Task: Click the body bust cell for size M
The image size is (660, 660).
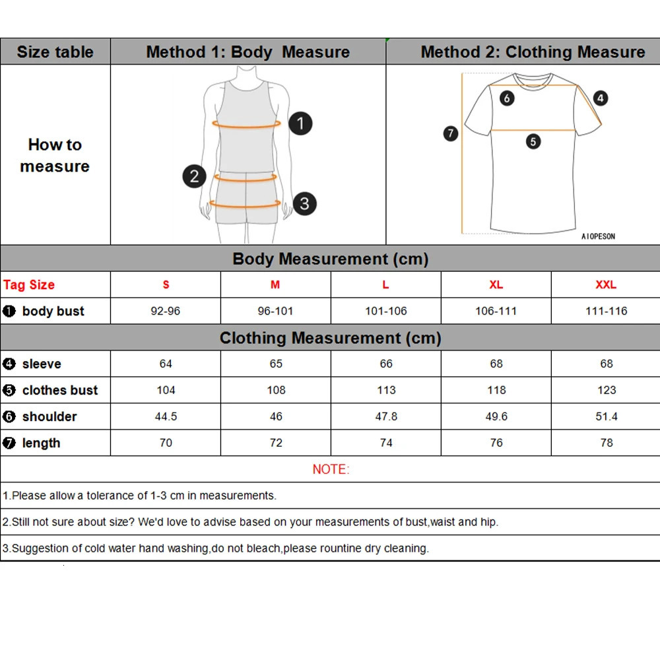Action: (276, 311)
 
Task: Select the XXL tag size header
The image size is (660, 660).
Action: (606, 284)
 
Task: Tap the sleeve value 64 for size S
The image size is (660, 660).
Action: (166, 364)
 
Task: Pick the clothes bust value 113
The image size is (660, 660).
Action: (386, 390)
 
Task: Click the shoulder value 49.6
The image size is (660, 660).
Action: (496, 416)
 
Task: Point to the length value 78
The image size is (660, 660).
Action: (607, 443)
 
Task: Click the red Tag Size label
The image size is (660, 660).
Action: (29, 284)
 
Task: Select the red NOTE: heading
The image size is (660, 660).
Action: (331, 469)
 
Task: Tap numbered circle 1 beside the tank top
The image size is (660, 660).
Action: (300, 123)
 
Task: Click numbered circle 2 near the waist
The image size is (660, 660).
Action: (194, 176)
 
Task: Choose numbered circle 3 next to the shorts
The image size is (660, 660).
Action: (304, 203)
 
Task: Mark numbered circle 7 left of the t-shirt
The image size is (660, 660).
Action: (451, 133)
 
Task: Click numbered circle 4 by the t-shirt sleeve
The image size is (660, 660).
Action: (600, 98)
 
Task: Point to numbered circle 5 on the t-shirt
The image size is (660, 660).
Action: (533, 141)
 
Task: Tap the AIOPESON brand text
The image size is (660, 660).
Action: (598, 236)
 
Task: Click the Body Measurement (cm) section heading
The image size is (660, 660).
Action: (331, 259)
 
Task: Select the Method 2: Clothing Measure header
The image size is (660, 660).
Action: (533, 51)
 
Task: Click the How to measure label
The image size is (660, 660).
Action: (55, 155)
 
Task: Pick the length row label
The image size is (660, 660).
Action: (41, 443)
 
